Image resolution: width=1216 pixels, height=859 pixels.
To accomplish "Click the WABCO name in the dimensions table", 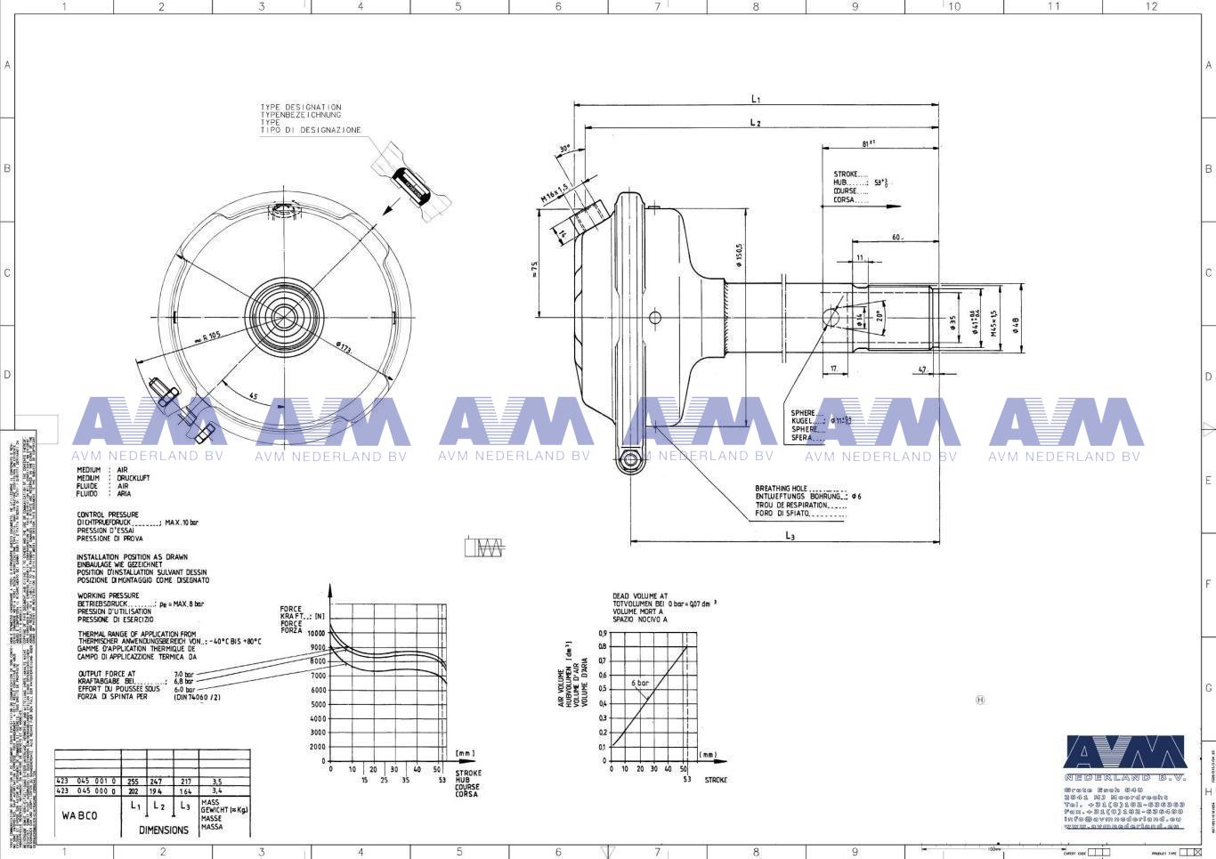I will pos(79,815).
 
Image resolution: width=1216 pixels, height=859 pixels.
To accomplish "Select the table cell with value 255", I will pos(133,782).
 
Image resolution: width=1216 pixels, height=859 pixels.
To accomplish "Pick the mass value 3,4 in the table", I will pos(217,790).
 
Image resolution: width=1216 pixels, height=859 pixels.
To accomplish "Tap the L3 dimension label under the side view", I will pos(790,535).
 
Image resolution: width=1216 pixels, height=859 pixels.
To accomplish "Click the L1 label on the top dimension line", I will pos(755,99).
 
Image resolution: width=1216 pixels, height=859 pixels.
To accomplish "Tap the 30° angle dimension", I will pos(564,149).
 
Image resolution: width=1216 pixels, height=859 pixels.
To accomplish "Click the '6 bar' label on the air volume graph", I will pos(640,683).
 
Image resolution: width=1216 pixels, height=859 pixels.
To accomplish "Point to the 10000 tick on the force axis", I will pos(316,633).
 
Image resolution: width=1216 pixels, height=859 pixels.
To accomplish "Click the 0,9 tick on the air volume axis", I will pos(603,633).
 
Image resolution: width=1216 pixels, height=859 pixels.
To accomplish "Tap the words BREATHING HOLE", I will pos(781,489).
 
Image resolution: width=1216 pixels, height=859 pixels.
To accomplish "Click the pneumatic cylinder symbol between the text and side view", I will pos(484,547).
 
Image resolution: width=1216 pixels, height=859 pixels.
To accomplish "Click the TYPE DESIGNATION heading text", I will pos(300,107).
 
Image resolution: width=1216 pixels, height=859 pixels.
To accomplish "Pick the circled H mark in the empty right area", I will pos(980,700).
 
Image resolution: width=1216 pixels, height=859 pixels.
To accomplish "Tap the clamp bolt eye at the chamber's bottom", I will pos(631,459).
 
